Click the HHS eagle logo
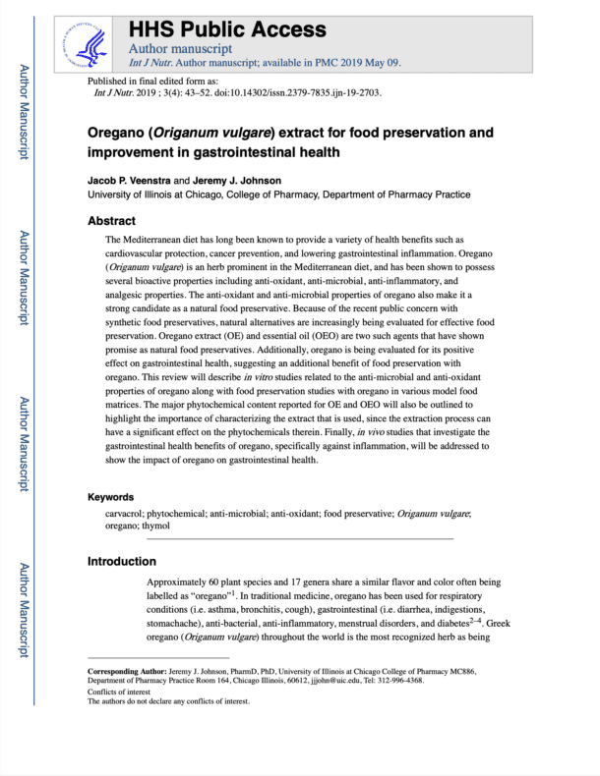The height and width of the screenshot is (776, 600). pos(94,42)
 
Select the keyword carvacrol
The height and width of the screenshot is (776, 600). pos(129,514)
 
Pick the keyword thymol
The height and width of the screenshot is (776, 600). pos(155,527)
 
